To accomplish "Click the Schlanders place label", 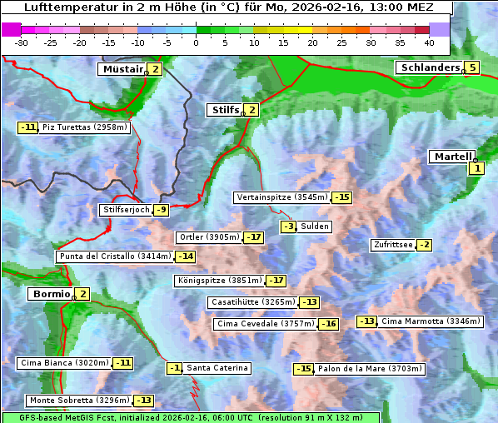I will [428, 67].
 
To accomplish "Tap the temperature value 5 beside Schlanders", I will [472, 67].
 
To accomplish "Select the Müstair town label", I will [122, 69].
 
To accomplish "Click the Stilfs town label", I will [224, 109].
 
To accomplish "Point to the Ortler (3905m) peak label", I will [209, 237].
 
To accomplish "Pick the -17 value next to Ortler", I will [254, 237].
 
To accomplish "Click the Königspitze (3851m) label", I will [219, 281].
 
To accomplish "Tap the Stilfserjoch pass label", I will [126, 210].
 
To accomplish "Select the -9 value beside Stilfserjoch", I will [162, 210].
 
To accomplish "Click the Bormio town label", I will [49, 293].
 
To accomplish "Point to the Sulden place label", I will [316, 226].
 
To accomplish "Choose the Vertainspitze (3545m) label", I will [281, 197].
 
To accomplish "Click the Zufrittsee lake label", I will [392, 245].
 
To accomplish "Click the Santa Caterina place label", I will [217, 368].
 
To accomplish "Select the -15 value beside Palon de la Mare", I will [303, 369].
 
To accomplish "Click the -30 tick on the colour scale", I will [22, 42].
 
